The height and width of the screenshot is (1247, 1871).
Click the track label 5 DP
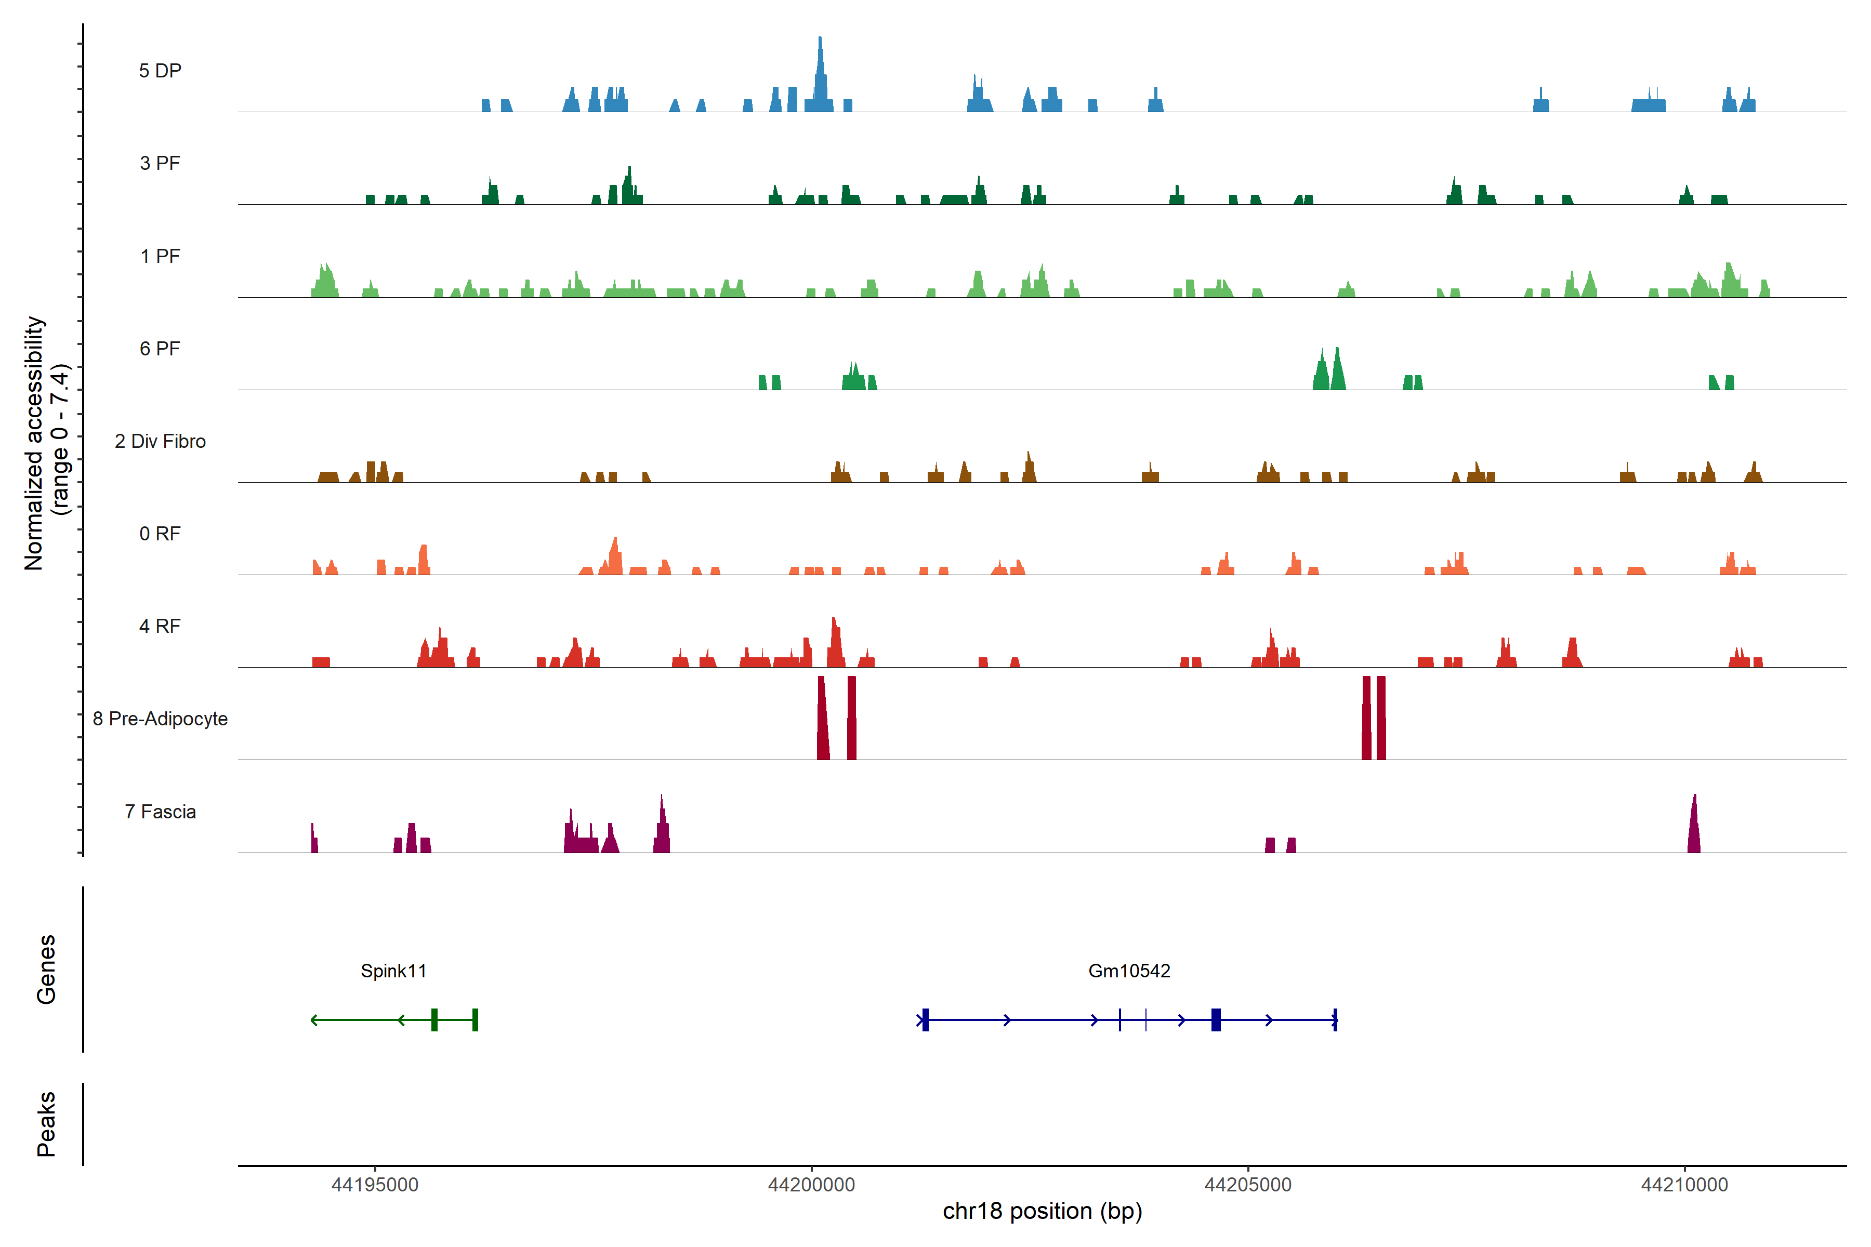click(160, 71)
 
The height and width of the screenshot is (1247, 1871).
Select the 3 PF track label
click(160, 163)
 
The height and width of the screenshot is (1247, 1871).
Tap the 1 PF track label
click(160, 256)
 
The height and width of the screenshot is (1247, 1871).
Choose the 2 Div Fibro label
click(160, 441)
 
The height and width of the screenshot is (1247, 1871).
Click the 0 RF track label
click(160, 534)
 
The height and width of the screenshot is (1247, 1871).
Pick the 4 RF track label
click(160, 626)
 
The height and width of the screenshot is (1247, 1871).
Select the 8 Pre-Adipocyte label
click(160, 719)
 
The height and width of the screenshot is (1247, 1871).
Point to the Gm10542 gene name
click(1129, 971)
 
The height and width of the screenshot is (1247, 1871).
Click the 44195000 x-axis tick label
click(375, 1185)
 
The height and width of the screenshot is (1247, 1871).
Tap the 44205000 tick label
click(1248, 1185)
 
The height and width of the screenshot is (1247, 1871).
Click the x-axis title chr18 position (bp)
click(1042, 1211)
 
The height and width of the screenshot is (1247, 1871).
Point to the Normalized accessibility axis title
click(46, 443)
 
